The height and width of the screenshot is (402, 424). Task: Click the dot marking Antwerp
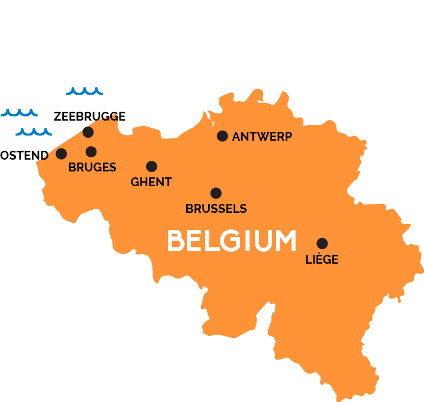click(222, 136)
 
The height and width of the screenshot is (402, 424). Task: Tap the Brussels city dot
click(216, 193)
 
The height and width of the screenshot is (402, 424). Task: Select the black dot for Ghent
click(151, 166)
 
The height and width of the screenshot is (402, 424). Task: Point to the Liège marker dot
click(322, 243)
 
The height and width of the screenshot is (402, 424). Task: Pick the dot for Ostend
click(61, 154)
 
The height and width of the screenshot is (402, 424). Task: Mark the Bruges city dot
click(91, 152)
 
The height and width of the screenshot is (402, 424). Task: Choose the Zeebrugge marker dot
click(88, 132)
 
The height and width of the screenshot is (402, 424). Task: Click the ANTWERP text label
click(262, 137)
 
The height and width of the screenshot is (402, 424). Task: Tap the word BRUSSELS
click(216, 209)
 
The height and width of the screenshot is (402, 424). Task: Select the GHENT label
click(151, 182)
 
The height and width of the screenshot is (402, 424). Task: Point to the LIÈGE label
click(322, 259)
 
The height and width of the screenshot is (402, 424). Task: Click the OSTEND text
click(24, 155)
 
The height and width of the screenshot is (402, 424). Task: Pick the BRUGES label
click(92, 167)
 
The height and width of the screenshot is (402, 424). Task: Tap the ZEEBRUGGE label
click(89, 116)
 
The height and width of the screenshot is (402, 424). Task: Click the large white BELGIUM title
click(231, 241)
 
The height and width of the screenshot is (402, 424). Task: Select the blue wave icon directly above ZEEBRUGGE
click(84, 91)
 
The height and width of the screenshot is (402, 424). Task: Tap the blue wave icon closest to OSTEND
click(34, 132)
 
